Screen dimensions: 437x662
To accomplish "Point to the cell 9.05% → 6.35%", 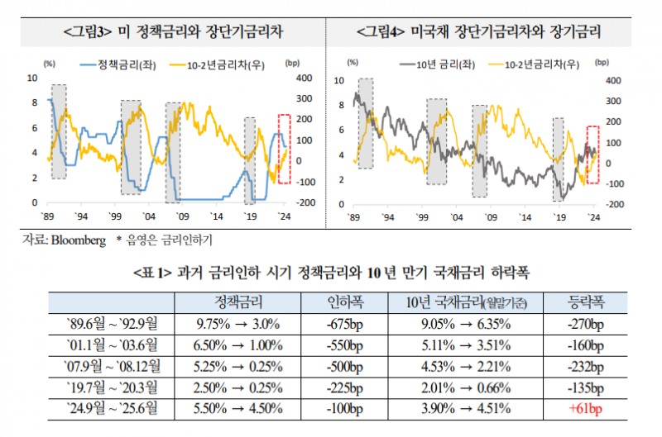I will click(469, 322).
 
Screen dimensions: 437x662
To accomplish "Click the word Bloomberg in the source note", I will click(80, 239).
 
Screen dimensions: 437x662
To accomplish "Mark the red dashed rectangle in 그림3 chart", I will click(284, 148).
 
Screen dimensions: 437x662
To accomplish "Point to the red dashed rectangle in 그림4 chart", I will click(592, 154).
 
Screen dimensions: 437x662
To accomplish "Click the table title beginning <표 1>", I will click(331, 272).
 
